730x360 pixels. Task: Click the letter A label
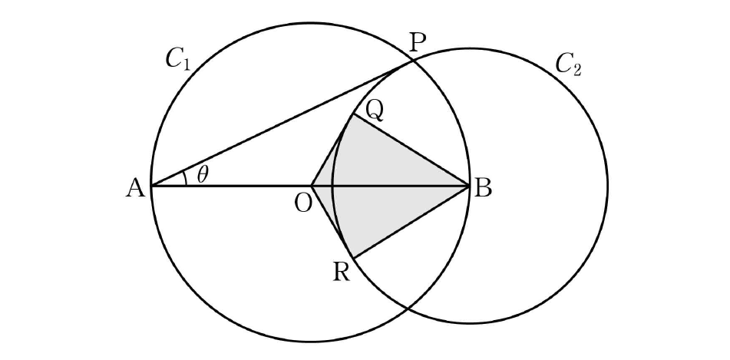135,189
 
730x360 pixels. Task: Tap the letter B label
482,190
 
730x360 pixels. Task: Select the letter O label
303,203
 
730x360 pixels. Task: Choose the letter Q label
375,111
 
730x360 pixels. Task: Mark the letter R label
342,272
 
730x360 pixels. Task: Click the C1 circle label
178,60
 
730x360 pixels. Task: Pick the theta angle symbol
203,175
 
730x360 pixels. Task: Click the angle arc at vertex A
185,178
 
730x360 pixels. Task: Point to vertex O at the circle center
312,187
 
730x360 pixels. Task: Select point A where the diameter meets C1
151,187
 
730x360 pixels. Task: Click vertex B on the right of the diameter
469,187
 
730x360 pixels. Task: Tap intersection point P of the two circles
412,61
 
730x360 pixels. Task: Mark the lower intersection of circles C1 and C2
408,308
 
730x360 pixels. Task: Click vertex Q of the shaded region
354,115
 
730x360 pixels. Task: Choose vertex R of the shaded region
354,258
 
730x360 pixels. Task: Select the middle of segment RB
411,222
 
